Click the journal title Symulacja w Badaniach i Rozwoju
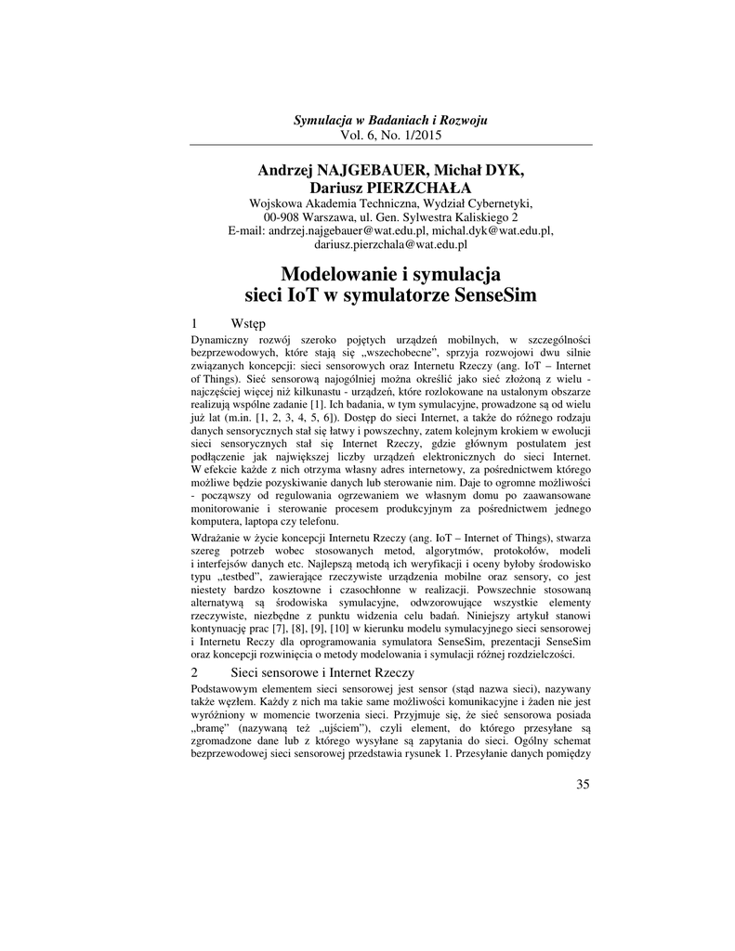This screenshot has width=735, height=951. tap(390, 122)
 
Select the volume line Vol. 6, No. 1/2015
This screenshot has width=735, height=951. tap(390, 136)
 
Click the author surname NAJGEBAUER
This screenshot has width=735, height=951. tap(357, 170)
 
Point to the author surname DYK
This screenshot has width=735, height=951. tap(502, 170)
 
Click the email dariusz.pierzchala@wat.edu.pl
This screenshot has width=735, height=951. tap(390, 244)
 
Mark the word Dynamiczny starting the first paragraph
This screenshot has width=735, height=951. tap(220, 340)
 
